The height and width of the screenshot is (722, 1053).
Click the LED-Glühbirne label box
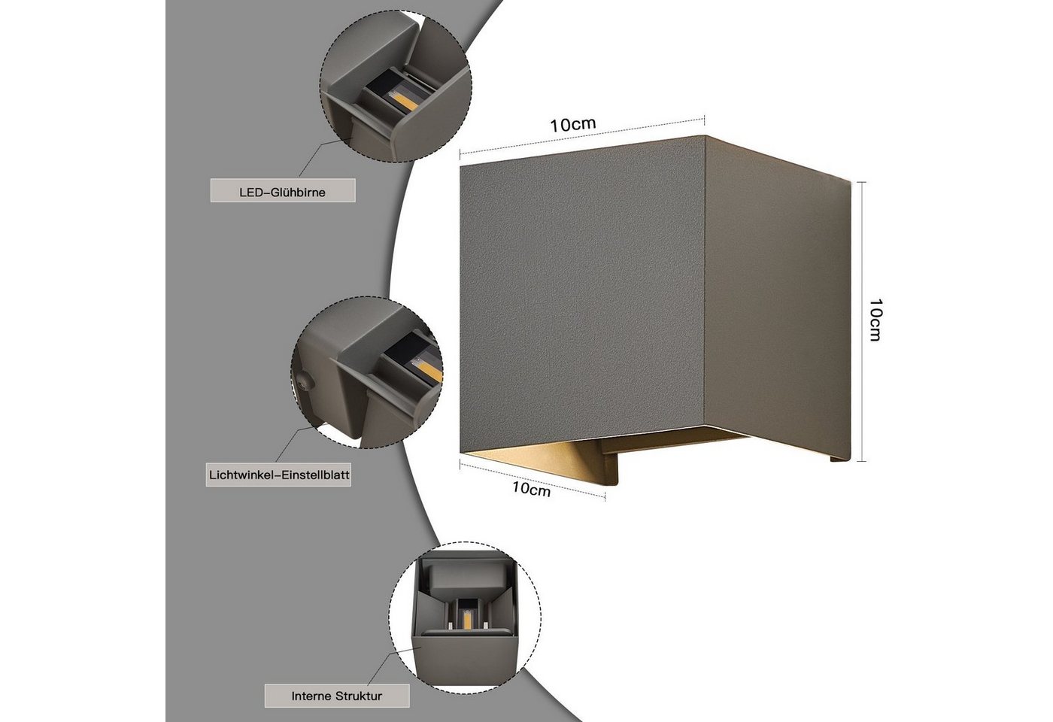coord(283,190)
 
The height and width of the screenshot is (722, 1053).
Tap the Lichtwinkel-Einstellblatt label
coord(278,475)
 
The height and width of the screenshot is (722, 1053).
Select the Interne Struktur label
coord(337,696)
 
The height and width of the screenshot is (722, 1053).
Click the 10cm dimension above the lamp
coord(572,125)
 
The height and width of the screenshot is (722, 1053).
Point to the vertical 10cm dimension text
coord(875,320)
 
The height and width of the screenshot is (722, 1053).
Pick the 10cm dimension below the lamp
coord(531,489)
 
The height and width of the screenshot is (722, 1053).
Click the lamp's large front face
coord(582,296)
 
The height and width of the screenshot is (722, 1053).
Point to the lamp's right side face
coord(778,297)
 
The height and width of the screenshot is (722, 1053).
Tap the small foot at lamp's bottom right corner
coord(841,459)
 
